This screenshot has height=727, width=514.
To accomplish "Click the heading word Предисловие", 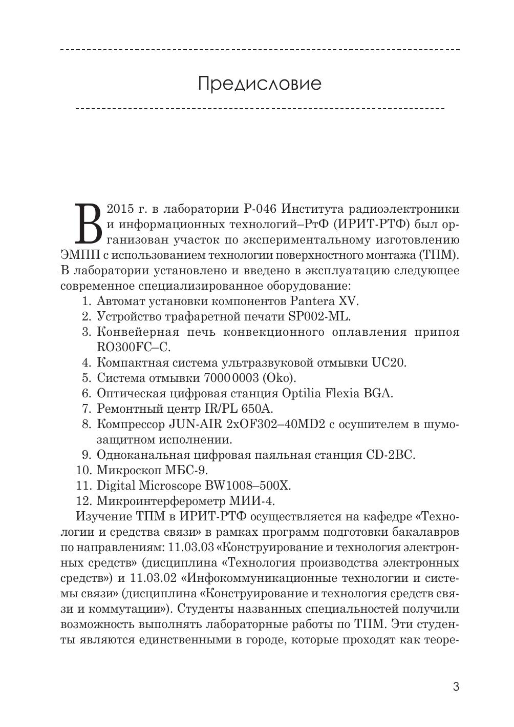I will [260, 83].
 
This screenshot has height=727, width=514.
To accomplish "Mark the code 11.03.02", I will [153, 578].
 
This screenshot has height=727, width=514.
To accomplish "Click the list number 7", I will [86, 409].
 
